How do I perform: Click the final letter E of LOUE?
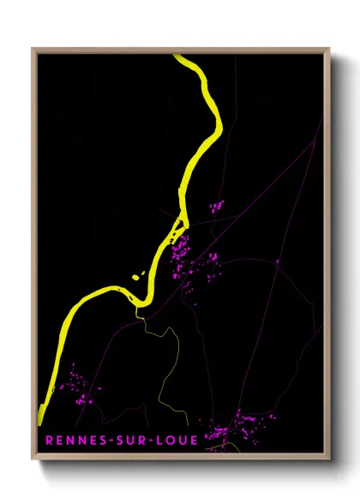195,441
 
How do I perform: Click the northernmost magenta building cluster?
216,207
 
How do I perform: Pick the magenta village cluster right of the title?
244,424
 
